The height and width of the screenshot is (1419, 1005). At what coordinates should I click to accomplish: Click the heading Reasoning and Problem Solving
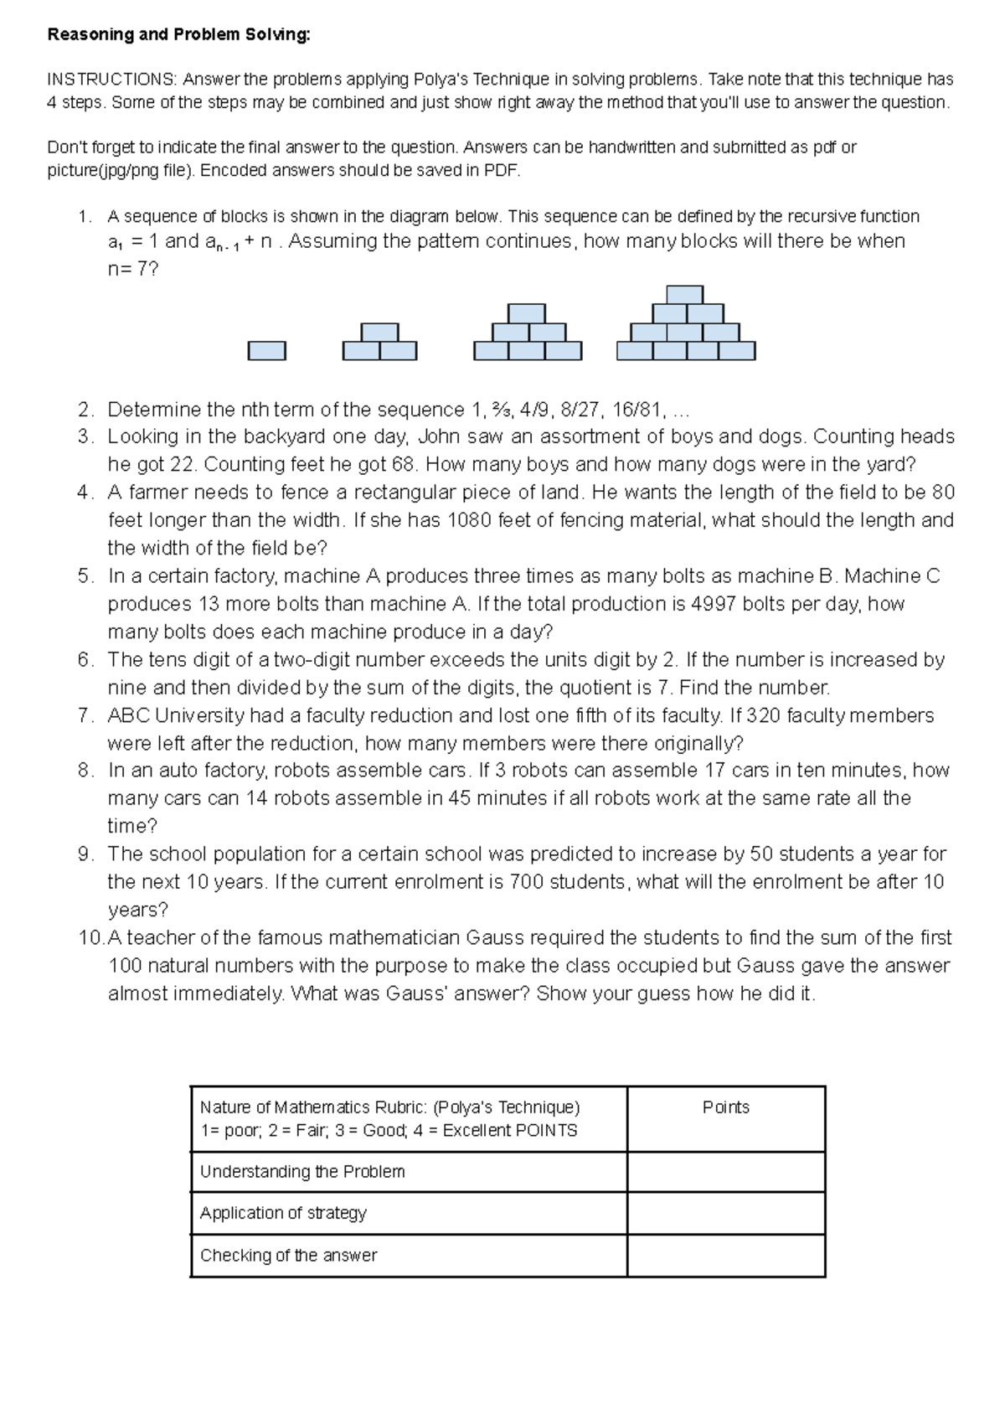coord(178,34)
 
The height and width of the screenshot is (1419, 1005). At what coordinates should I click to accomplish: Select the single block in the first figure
coord(266,350)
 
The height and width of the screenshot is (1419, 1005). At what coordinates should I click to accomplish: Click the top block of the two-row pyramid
coord(379,332)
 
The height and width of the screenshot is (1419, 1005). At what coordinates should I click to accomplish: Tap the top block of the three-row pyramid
coord(527,313)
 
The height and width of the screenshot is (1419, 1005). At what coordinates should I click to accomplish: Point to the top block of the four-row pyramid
coord(684,294)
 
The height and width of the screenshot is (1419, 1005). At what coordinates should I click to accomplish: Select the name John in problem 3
coord(439,436)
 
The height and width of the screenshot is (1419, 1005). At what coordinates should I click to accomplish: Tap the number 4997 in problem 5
coord(713,604)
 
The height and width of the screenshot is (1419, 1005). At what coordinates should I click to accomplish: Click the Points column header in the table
coord(725,1107)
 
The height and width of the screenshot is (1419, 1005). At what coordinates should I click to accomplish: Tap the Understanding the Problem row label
coord(302,1172)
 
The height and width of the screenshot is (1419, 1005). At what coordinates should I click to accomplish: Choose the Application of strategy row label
coord(283,1213)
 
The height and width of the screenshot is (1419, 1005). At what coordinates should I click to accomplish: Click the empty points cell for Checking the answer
coord(725,1255)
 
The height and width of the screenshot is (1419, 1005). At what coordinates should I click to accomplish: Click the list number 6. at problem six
coord(86,660)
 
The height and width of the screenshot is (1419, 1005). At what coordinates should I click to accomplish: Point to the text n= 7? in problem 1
coord(132,270)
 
